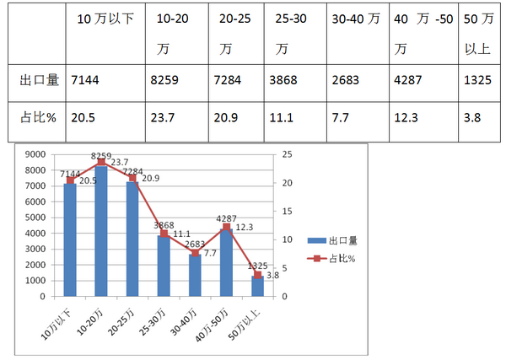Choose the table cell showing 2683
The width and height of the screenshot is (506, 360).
tap(346, 80)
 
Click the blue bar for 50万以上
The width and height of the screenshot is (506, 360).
tap(257, 286)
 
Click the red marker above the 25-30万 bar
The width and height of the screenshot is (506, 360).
tap(164, 234)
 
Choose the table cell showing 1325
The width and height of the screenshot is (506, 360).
tap(477, 80)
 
